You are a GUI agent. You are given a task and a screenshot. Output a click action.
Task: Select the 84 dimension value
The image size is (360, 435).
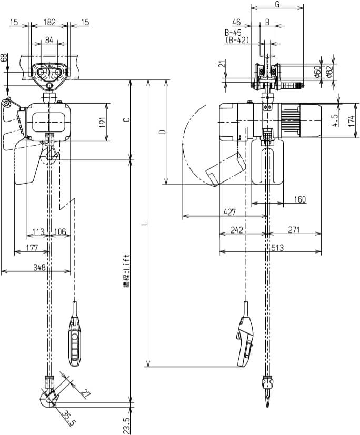point(49,40)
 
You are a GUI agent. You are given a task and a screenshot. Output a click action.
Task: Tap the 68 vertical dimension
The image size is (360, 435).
point(5,57)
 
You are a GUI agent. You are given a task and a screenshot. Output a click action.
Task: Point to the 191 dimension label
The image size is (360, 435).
point(103,122)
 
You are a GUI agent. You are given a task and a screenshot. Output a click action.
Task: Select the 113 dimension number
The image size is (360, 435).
point(38,231)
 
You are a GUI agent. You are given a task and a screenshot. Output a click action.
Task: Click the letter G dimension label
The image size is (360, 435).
point(277,5)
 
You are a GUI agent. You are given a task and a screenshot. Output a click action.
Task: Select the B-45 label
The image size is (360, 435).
point(233,32)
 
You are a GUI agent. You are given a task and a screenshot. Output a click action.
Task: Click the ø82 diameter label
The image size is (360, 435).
point(329,73)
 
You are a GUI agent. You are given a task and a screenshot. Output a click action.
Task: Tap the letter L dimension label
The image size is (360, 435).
point(145,225)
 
